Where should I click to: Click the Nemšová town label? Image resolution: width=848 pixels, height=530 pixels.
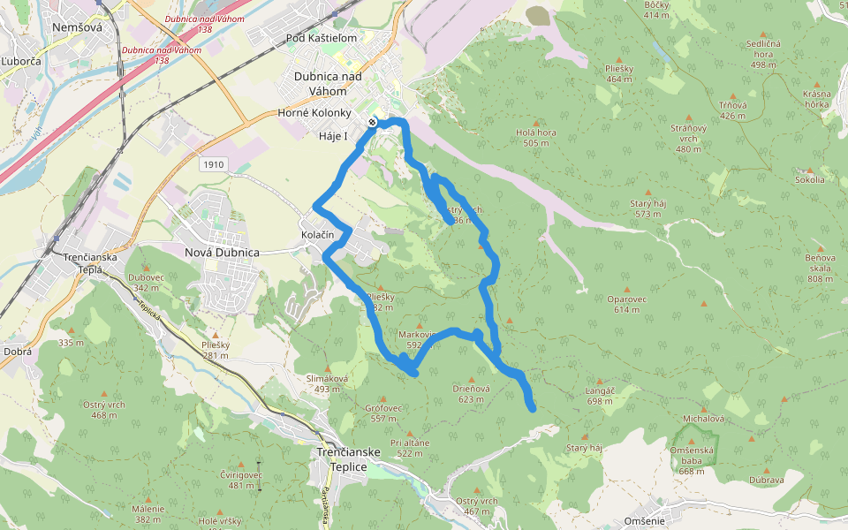[x=78, y=27]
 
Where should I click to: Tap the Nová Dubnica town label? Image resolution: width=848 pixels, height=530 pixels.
[x=222, y=253]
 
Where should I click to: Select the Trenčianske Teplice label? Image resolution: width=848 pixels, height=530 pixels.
[x=348, y=458]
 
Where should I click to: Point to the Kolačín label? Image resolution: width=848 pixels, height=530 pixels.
[x=317, y=234]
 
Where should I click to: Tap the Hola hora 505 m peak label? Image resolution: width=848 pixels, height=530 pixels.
[x=536, y=137]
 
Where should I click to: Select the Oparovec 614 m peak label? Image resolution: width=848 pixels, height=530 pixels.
[x=628, y=304]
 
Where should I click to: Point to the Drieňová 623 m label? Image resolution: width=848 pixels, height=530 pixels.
[x=471, y=393]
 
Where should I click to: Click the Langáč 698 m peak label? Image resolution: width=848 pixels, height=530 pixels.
[x=599, y=395]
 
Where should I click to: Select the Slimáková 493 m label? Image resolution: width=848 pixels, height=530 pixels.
[x=328, y=383]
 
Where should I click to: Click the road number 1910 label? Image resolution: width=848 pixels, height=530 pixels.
[x=213, y=164]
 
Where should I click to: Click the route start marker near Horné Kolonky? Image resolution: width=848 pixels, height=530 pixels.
[x=374, y=121]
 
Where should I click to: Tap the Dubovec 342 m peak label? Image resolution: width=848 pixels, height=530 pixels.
[x=146, y=283]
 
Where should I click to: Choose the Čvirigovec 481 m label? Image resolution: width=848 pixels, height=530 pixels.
[x=241, y=480]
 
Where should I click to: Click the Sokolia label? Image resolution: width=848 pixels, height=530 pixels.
[x=809, y=179]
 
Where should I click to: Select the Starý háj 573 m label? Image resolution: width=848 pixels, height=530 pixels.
[x=647, y=208]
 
